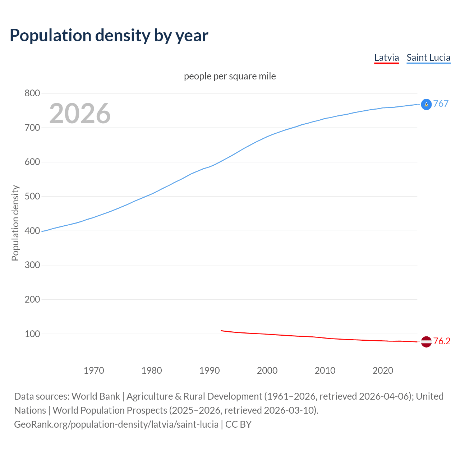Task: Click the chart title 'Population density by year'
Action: pos(109,35)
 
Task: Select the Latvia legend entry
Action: pos(386,57)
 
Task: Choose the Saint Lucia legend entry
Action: pos(428,57)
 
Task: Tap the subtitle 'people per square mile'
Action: pos(230,76)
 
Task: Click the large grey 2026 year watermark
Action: pos(80,114)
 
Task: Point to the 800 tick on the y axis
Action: pos(32,93)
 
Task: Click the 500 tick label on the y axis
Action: pos(32,196)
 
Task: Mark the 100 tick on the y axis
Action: pos(32,334)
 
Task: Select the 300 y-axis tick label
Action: pos(32,265)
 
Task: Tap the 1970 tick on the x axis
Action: pos(94,371)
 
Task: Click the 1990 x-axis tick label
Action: pos(210,371)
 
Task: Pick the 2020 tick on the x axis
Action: pos(383,371)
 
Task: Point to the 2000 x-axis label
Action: pos(267,371)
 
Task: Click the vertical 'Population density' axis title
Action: pos(15,223)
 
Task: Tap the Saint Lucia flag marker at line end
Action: pos(426,104)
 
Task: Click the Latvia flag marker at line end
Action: pos(426,342)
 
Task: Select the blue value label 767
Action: pos(441,103)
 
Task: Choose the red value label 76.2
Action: pos(442,341)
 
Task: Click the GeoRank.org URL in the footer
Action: pos(116,424)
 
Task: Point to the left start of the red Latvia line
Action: pos(221,331)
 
